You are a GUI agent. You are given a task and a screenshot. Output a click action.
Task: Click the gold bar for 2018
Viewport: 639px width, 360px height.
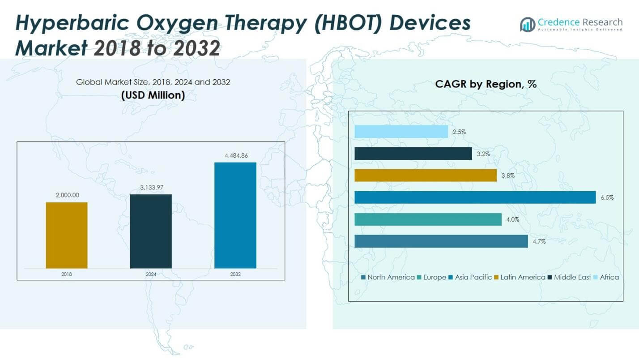click(x=67, y=235)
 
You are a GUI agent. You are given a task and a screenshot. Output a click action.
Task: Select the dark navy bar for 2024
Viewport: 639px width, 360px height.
click(x=151, y=231)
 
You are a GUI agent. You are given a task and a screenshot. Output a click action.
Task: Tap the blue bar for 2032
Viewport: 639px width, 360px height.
click(x=235, y=215)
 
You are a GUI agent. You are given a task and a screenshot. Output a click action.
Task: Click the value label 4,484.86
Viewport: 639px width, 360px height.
click(x=235, y=155)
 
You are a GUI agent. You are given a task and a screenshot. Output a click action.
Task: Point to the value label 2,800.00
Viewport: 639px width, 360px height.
click(x=67, y=195)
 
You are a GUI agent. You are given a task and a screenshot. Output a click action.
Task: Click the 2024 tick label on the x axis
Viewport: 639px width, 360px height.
click(x=151, y=274)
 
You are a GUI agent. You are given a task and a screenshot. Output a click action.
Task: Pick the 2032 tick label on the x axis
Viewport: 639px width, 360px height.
click(x=235, y=274)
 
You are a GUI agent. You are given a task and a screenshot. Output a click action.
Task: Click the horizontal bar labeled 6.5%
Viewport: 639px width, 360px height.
click(x=475, y=197)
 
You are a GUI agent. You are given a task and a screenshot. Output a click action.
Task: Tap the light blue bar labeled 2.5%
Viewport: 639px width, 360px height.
click(x=401, y=132)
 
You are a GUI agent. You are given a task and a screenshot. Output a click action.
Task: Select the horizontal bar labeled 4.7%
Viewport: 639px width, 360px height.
click(x=441, y=241)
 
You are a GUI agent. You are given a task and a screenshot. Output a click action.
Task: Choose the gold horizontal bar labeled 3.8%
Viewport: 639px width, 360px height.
click(x=426, y=176)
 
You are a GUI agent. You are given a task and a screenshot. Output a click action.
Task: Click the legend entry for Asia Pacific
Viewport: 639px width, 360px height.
click(x=473, y=277)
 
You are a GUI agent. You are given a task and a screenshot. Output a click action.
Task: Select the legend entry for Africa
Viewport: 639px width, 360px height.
click(x=608, y=277)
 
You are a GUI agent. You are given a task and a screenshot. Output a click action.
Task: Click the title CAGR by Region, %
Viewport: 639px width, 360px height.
click(x=486, y=84)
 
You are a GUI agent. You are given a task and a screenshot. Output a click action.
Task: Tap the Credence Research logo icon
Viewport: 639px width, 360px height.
click(x=527, y=24)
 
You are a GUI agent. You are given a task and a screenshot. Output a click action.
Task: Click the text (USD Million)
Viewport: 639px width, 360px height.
click(x=153, y=95)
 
